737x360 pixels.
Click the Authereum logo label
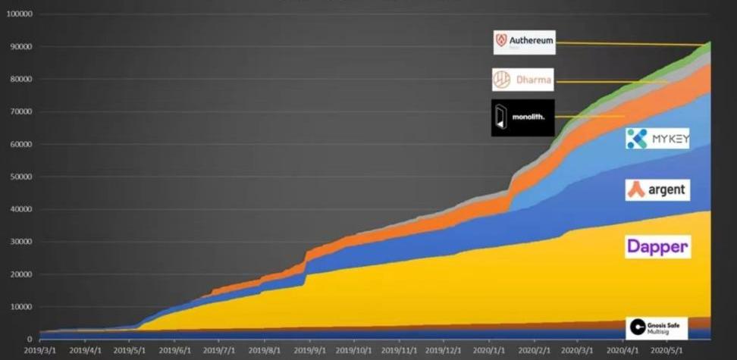tap(524, 42)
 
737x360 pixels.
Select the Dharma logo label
tap(522, 80)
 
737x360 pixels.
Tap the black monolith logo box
tap(522, 117)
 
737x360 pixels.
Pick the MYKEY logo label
tap(657, 139)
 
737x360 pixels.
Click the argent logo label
tap(657, 189)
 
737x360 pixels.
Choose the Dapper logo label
tap(657, 246)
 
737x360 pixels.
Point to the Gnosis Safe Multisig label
tap(657, 327)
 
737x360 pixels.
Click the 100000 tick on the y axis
tap(18, 14)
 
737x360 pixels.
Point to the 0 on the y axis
tap(29, 340)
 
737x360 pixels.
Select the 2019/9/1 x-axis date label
tap(309, 351)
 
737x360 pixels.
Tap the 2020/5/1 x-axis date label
tap(666, 351)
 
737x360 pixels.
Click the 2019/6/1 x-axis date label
tap(174, 351)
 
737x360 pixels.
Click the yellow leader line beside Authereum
tap(629, 44)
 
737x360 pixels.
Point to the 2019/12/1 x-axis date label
tap(443, 351)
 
